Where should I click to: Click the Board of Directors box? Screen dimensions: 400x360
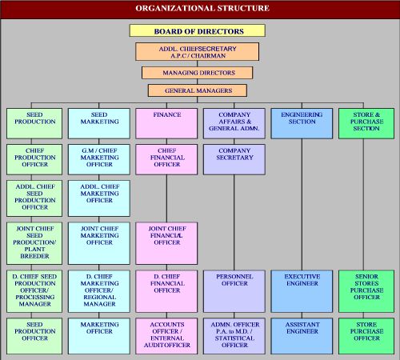coord(198,30)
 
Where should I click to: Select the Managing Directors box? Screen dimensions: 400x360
coord(198,73)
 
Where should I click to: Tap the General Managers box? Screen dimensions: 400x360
coord(198,90)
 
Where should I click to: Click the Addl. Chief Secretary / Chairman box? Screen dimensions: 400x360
coord(198,52)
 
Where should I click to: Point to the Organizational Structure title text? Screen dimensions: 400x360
coord(202,8)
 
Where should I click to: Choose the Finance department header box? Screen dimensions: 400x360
coord(166,123)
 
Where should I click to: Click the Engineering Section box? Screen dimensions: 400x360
coord(302,123)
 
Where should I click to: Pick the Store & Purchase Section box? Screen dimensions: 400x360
coord(366,123)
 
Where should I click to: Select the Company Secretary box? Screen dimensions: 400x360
coord(234,159)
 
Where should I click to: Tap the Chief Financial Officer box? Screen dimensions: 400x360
coord(166,159)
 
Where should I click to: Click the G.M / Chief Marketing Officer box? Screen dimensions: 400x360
coord(99,159)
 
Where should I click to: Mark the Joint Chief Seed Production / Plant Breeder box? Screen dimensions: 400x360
coord(34,243)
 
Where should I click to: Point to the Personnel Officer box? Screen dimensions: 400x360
coord(234,291)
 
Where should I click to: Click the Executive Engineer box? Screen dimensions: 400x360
coord(302,291)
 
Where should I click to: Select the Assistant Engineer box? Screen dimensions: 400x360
coord(302,336)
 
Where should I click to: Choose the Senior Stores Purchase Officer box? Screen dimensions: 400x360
coord(366,291)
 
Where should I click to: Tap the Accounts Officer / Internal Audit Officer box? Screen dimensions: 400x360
coord(166,336)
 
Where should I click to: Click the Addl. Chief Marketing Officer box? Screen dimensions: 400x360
coord(99,198)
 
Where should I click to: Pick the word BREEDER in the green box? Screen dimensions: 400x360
coord(34,256)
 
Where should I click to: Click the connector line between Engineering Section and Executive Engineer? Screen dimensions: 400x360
coord(302,205)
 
